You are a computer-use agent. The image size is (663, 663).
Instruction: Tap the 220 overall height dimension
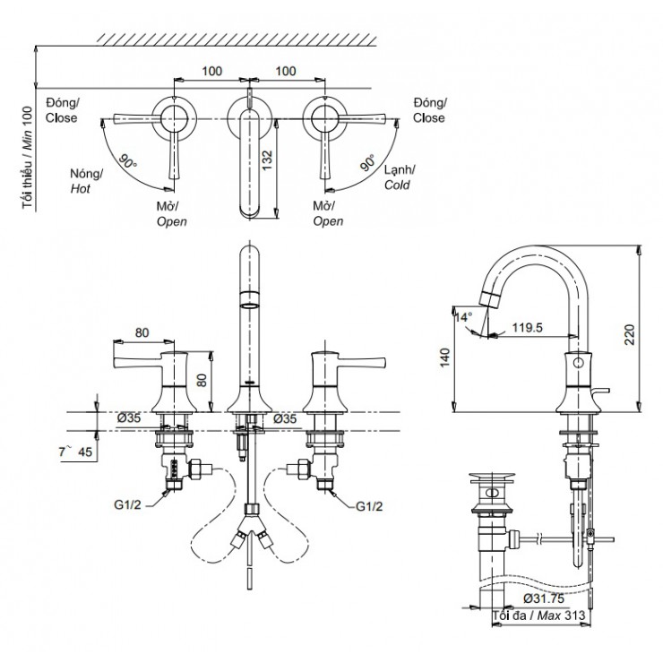tap(631, 335)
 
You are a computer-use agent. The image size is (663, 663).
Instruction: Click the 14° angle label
tap(462, 316)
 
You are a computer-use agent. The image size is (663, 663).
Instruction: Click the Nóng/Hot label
tap(86, 179)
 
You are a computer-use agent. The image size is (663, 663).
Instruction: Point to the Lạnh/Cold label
tap(399, 178)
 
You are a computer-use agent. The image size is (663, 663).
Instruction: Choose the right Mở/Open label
tap(328, 212)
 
